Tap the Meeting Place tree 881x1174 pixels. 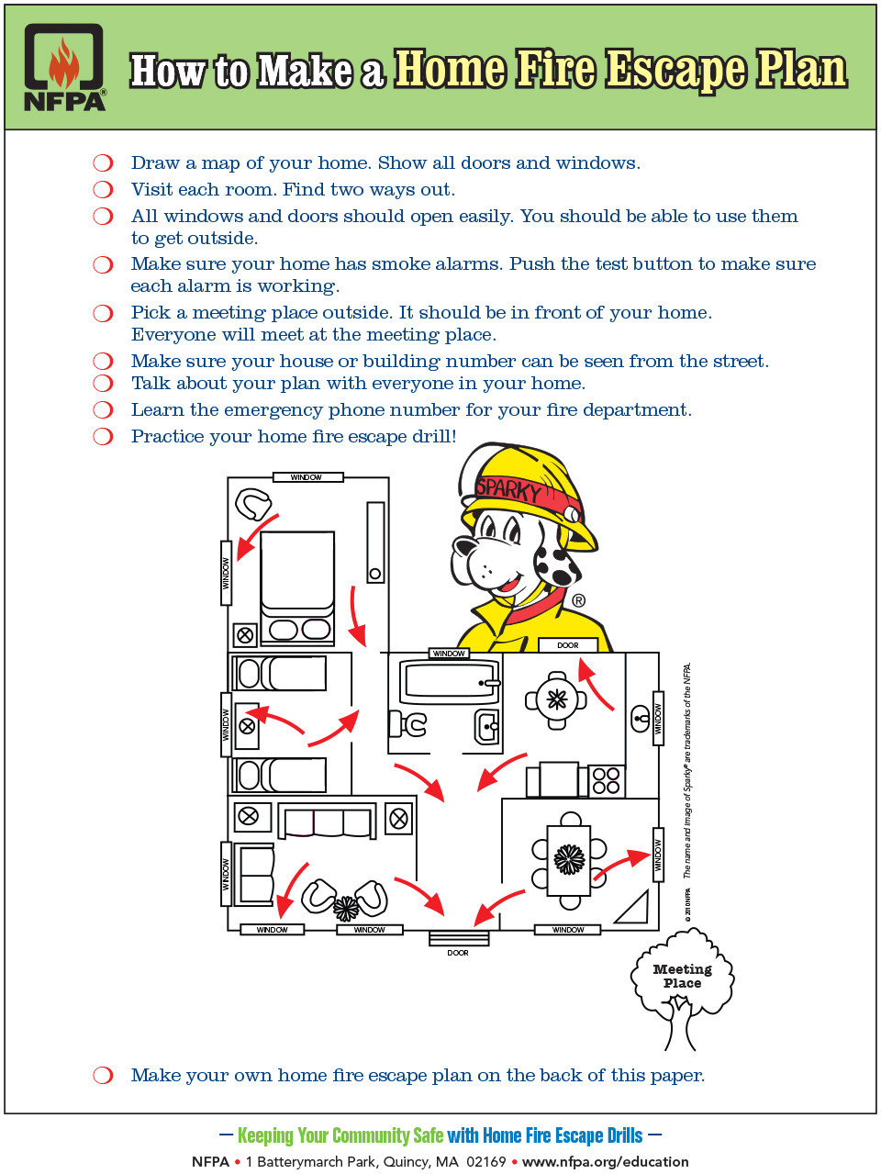pyautogui.click(x=683, y=982)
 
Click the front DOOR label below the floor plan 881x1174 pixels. pyautogui.click(x=458, y=953)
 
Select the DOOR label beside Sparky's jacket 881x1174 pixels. pyautogui.click(x=568, y=645)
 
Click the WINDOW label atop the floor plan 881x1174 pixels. pyautogui.click(x=307, y=477)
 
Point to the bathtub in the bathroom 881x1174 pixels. pyautogui.click(x=450, y=682)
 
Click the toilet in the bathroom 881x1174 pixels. pyautogui.click(x=407, y=724)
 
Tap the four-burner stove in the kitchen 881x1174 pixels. pyautogui.click(x=607, y=780)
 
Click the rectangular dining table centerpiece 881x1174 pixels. pyautogui.click(x=569, y=860)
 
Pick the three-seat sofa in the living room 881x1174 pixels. pyautogui.click(x=327, y=821)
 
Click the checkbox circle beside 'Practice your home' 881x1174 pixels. pyautogui.click(x=103, y=436)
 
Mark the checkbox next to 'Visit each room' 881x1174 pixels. pyautogui.click(x=103, y=189)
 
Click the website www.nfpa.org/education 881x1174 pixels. pyautogui.click(x=605, y=1161)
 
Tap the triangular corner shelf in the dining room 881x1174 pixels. pyautogui.click(x=634, y=909)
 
